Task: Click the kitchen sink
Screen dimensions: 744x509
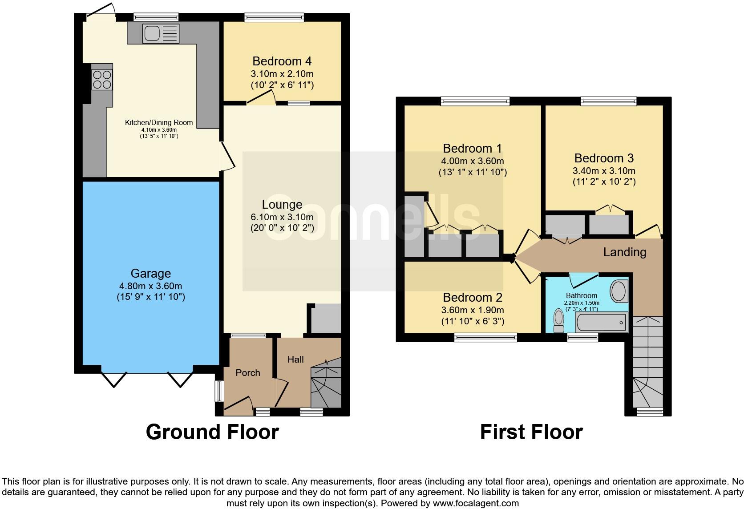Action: pos(161,33)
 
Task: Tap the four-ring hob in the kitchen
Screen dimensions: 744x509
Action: pos(102,80)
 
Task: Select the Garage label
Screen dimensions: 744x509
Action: pos(151,273)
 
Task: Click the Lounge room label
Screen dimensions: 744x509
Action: pos(282,204)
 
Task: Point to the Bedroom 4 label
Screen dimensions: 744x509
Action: pos(282,61)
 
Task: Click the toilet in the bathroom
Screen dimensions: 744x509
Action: pos(559,320)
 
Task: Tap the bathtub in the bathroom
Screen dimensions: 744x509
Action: pos(602,322)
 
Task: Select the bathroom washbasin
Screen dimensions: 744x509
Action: pos(619,291)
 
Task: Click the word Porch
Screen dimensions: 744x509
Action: pos(248,372)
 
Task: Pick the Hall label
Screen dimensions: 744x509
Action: pos(295,359)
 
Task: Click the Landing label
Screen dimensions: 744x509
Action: pos(625,252)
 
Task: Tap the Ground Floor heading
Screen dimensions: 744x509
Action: pos(212,432)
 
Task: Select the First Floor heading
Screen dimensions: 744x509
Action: pos(531,432)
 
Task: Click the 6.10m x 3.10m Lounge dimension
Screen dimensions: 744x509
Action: pos(282,217)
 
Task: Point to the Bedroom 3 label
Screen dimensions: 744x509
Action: pos(604,158)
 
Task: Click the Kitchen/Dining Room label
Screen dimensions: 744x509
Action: pos(159,122)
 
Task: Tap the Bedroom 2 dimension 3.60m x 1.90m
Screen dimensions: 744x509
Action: pos(473,310)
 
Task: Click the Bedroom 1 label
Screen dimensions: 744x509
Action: pos(472,148)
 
